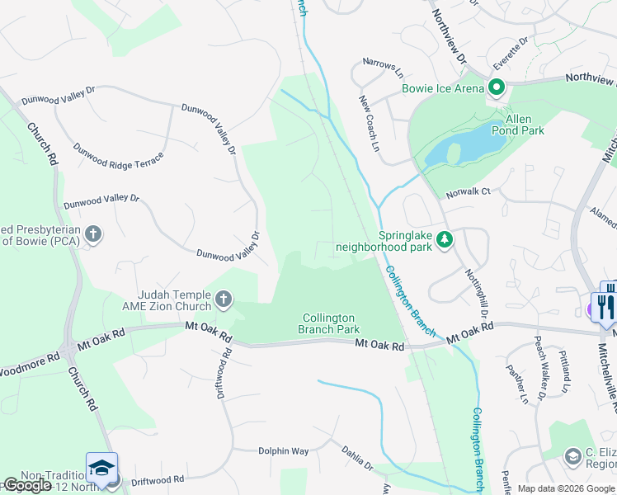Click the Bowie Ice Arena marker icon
pos(497,87)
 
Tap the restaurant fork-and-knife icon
pos(606,307)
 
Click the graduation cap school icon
pos(101,468)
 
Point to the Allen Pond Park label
pos(518,125)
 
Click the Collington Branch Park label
pos(328,323)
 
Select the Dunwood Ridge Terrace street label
pos(118,156)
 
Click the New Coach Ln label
pos(368,124)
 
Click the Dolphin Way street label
pos(283,451)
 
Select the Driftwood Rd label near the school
pos(157,479)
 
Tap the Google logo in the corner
pos(28,485)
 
